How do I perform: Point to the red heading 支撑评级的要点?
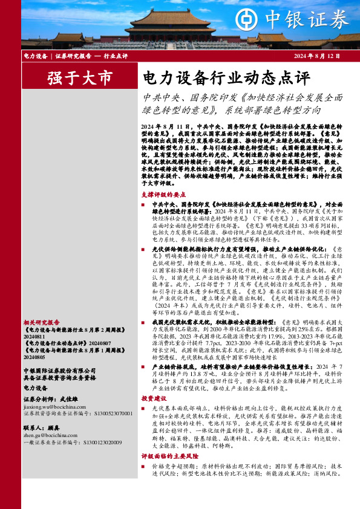click(162, 195)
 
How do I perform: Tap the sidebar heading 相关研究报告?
click(42, 306)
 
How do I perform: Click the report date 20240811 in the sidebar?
click(34, 320)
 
